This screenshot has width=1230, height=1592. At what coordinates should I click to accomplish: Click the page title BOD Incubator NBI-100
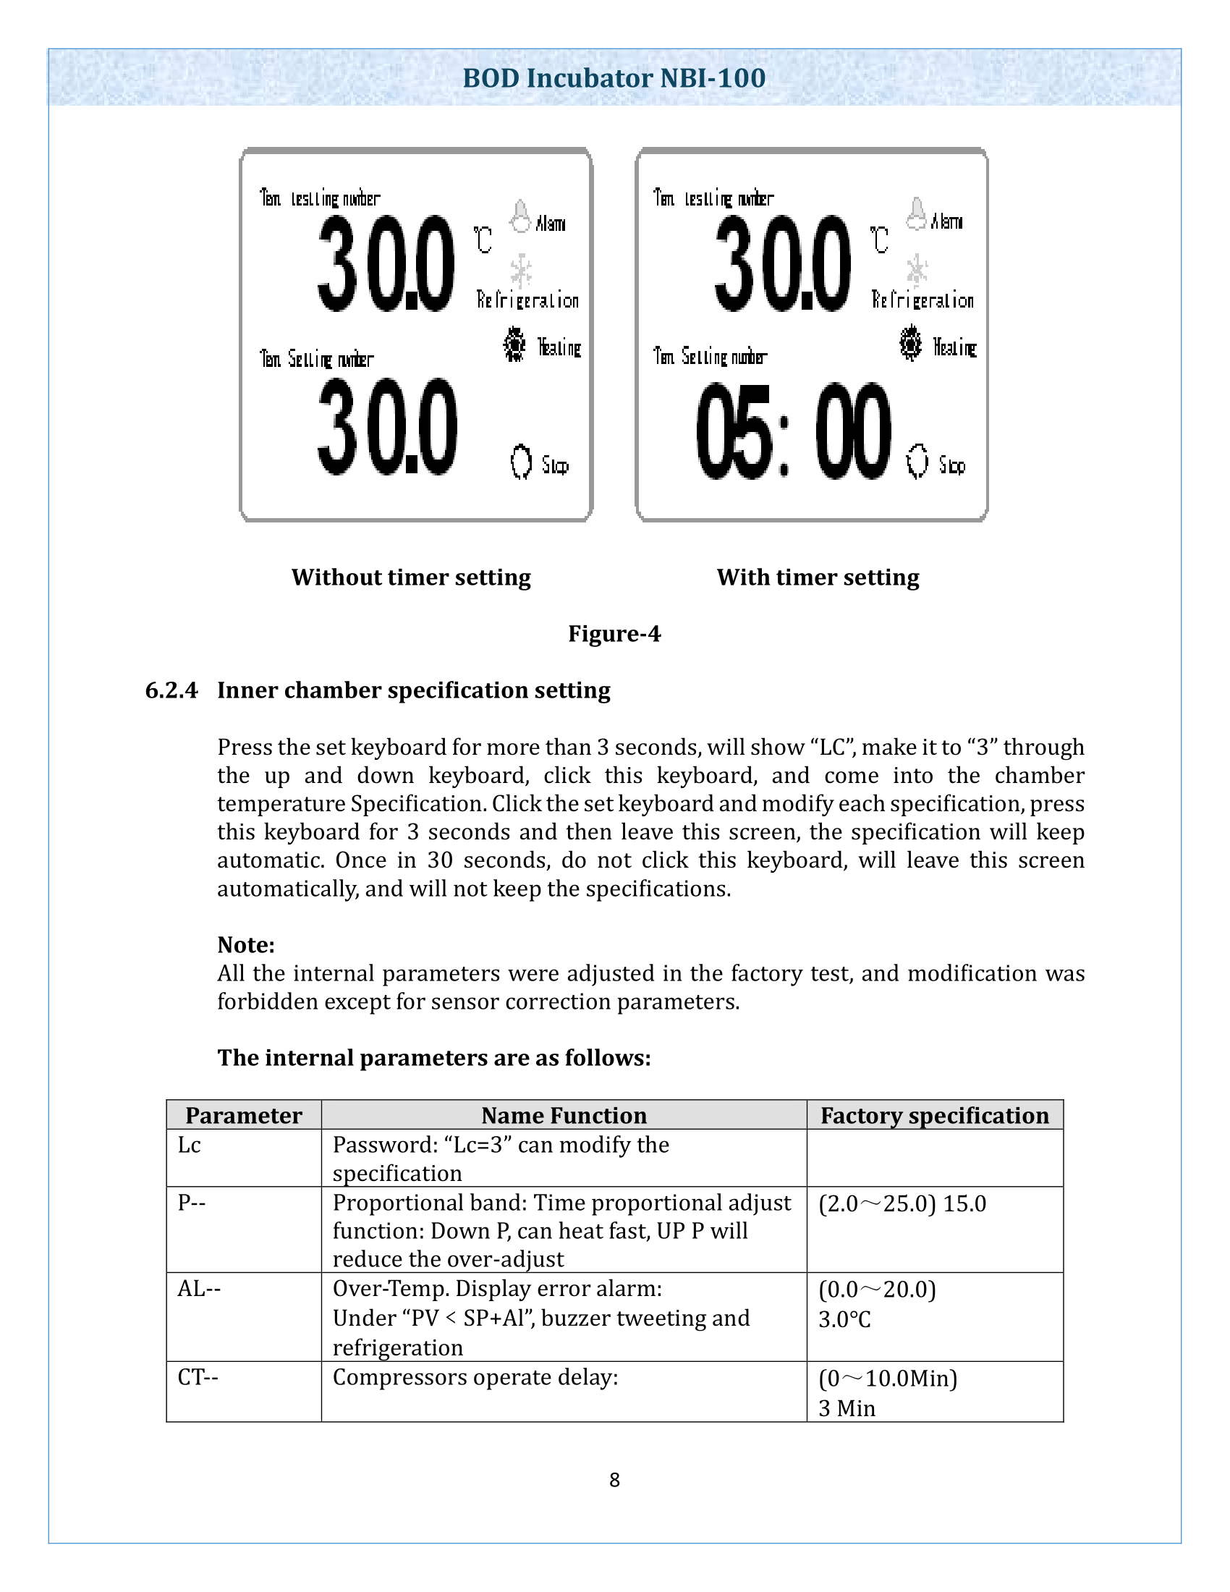pyautogui.click(x=614, y=78)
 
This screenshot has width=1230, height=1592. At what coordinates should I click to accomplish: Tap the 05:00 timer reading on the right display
pyautogui.click(x=793, y=431)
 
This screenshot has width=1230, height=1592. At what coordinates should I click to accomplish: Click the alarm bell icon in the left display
pyautogui.click(x=520, y=216)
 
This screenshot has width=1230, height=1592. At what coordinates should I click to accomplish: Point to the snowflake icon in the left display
pyautogui.click(x=520, y=271)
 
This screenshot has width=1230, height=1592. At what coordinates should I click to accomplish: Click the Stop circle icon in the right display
pyautogui.click(x=917, y=462)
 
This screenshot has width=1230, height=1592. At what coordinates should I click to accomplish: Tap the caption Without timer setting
pyautogui.click(x=411, y=577)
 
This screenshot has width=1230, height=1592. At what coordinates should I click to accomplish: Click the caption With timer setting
pyautogui.click(x=818, y=577)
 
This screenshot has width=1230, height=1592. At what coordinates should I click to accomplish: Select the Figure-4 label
pyautogui.click(x=614, y=633)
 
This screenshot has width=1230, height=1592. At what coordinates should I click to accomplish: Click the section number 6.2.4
pyautogui.click(x=171, y=690)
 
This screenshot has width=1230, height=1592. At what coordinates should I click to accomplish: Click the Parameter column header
pyautogui.click(x=243, y=1115)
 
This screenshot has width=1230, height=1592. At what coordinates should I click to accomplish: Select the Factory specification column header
pyautogui.click(x=934, y=1115)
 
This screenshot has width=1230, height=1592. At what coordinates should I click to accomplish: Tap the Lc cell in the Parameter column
pyautogui.click(x=190, y=1146)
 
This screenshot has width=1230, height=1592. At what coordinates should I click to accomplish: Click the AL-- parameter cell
pyautogui.click(x=199, y=1289)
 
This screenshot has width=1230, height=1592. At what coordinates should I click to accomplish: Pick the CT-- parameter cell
pyautogui.click(x=198, y=1377)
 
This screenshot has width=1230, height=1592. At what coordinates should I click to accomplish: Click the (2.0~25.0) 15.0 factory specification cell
pyautogui.click(x=902, y=1203)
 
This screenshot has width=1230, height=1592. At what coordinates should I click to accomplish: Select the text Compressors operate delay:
pyautogui.click(x=475, y=1377)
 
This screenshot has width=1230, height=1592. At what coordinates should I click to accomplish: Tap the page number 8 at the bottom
pyautogui.click(x=614, y=1480)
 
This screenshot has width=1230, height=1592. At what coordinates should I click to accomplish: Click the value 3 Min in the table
pyautogui.click(x=847, y=1408)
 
